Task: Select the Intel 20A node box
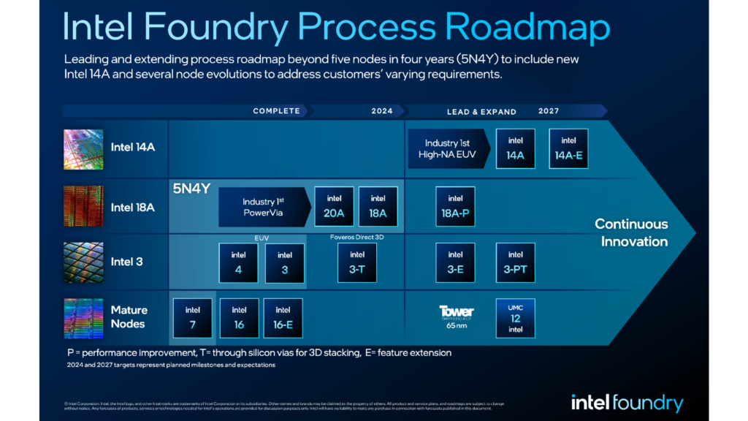[334, 207]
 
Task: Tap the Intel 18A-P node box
[455, 207]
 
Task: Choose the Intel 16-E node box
[283, 318]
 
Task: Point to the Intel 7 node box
[193, 318]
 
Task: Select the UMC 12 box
[515, 318]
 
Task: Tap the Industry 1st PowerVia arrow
[264, 207]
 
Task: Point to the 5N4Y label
[191, 189]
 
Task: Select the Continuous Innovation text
[631, 232]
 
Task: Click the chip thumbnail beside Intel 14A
[84, 148]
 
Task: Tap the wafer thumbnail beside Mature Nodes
[84, 318]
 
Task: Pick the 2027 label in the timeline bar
[549, 111]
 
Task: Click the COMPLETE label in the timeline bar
[276, 111]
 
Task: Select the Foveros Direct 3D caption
[356, 237]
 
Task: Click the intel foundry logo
[627, 403]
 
